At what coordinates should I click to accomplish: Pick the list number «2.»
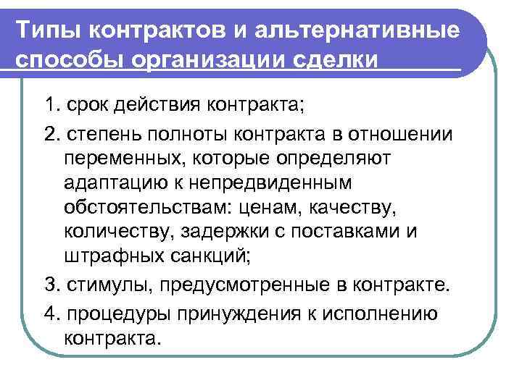coord(52,136)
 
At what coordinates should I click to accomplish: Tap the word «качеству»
coord(348,209)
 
